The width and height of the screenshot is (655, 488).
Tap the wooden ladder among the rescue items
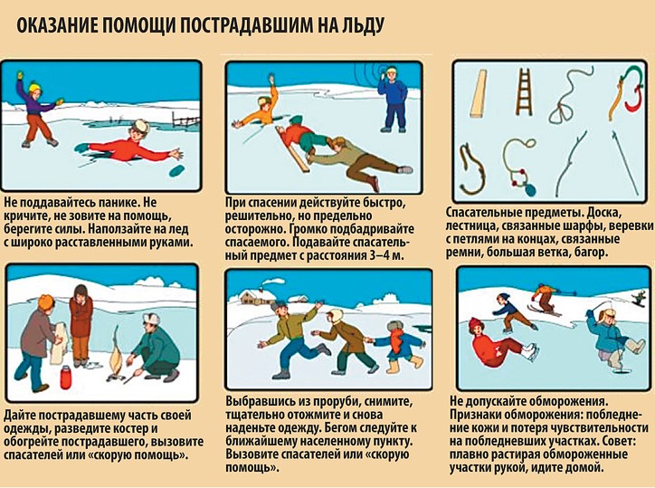(524, 92)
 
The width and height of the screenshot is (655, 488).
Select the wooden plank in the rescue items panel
(479, 93)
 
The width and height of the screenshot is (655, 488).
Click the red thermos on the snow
(65, 378)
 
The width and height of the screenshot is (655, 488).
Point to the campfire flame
(115, 356)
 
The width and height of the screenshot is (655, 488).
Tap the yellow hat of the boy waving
(34, 88)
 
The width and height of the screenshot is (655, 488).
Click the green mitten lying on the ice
(177, 170)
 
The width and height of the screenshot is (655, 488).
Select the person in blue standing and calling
(392, 100)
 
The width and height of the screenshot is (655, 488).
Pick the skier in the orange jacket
(546, 298)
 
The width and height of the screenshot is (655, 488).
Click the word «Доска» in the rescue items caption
(603, 213)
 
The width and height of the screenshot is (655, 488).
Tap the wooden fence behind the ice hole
(185, 120)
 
